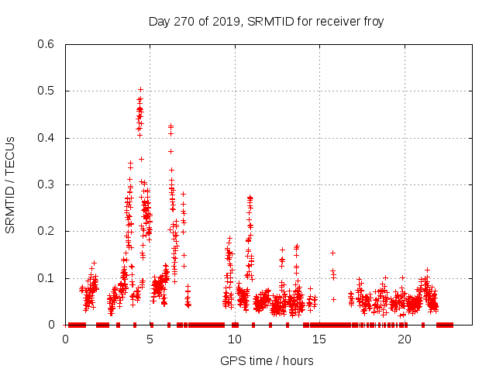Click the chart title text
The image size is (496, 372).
[x=266, y=21]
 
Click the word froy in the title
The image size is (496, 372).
[x=371, y=21]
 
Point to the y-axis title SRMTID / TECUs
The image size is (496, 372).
[x=11, y=184]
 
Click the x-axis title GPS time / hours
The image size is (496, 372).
[x=266, y=360]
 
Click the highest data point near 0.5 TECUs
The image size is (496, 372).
[x=140, y=89]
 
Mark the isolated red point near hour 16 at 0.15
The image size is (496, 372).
[x=332, y=253]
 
